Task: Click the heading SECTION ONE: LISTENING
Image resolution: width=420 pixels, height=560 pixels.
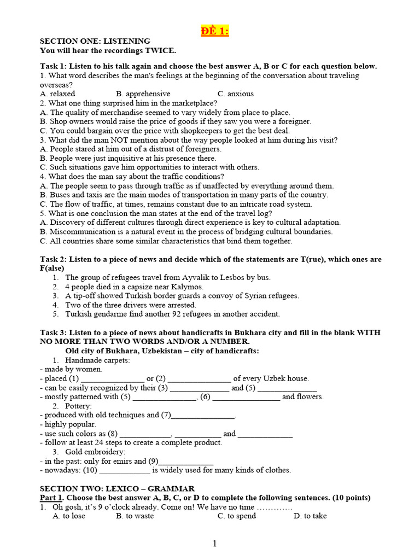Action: (95, 41)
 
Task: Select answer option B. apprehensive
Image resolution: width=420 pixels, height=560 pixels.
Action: (143, 94)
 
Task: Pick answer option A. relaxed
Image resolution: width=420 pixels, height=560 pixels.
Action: (57, 94)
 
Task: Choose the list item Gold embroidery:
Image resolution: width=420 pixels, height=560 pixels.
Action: (95, 452)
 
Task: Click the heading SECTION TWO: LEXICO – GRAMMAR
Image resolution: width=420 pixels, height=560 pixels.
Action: (117, 488)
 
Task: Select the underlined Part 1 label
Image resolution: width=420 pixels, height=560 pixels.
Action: (52, 498)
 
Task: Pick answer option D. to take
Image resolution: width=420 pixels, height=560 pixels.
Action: (310, 516)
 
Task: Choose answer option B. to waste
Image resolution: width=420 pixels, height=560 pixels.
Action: (135, 516)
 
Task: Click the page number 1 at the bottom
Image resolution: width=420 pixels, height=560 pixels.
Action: (215, 543)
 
